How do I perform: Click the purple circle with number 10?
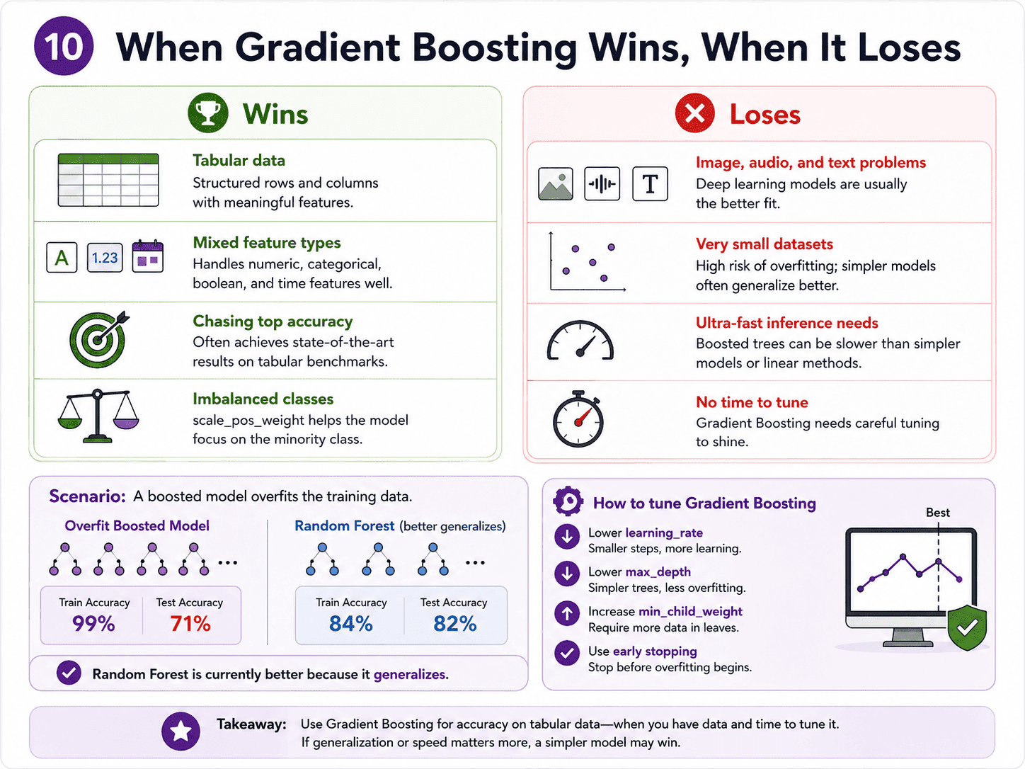pos(64,46)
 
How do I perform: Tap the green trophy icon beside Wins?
pos(208,113)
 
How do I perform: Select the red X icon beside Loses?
pos(694,113)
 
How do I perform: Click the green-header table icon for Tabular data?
pos(108,180)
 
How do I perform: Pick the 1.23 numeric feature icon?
pos(105,257)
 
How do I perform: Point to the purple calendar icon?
pos(147,256)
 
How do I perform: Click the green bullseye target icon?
pos(99,339)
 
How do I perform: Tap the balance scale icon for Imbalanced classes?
pos(98,416)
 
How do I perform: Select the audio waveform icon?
pos(602,183)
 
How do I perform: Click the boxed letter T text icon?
pos(650,183)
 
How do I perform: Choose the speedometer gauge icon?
pos(580,340)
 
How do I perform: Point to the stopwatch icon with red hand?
pos(578,418)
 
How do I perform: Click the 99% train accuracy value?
pos(93,624)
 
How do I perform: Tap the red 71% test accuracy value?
pos(190,624)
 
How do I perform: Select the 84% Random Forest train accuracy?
pos(350,624)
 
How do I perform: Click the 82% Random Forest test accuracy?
pos(455,624)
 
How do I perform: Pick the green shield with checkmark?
pos(967,627)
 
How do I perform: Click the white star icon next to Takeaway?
pos(181,731)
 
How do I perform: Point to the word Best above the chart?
pos(938,513)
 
